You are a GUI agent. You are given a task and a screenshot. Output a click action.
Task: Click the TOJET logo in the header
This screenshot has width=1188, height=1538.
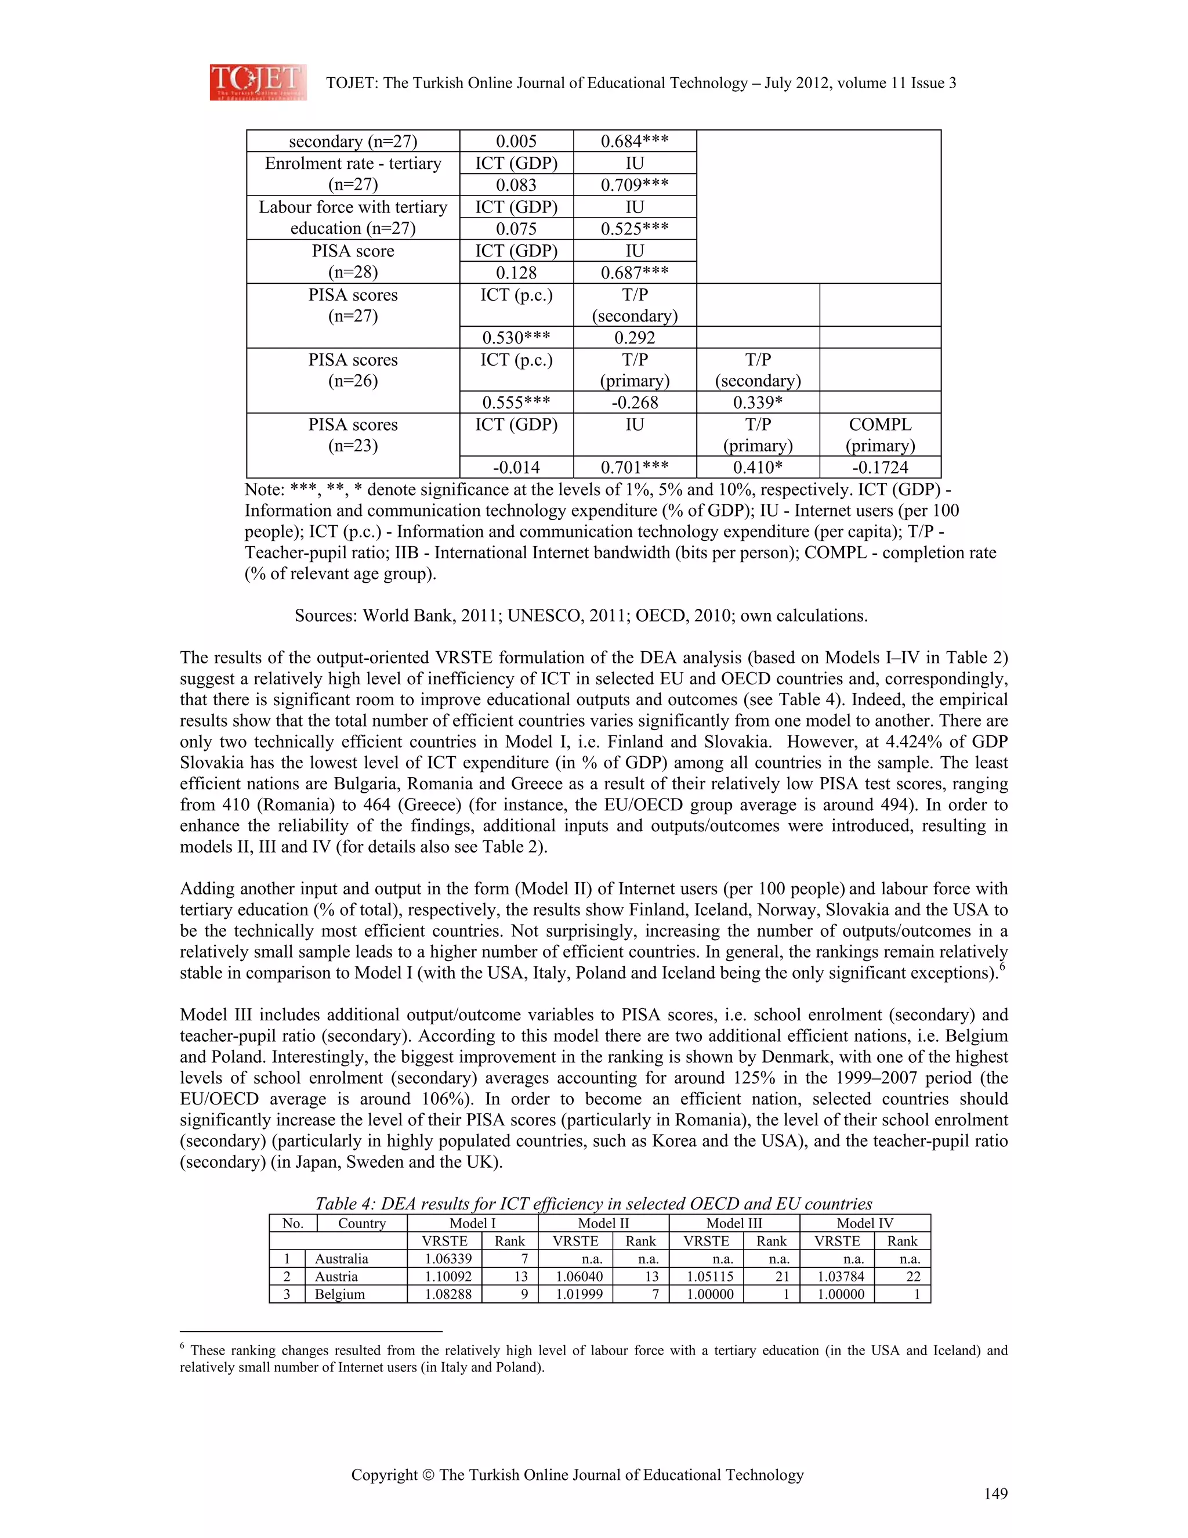(258, 82)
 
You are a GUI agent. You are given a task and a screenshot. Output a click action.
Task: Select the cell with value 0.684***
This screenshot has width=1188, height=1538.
(634, 142)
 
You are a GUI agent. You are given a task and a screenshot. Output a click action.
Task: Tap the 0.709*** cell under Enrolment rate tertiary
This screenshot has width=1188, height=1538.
(634, 185)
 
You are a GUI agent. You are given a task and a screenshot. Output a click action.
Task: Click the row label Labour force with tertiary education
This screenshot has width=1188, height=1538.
(353, 218)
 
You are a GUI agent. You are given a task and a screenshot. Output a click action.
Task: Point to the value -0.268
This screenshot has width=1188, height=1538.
(634, 402)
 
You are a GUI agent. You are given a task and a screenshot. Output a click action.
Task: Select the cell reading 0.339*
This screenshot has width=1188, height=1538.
(757, 402)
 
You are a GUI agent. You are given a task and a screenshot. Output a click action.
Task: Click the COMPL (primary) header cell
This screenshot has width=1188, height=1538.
(880, 435)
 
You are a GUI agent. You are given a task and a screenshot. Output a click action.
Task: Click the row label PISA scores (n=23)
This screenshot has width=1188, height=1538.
(353, 435)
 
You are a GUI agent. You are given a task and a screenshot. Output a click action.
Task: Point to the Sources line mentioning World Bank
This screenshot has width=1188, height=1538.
(581, 615)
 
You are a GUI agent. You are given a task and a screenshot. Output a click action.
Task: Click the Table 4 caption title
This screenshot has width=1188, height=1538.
(593, 1204)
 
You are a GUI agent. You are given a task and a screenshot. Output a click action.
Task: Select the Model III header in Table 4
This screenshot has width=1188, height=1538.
(733, 1223)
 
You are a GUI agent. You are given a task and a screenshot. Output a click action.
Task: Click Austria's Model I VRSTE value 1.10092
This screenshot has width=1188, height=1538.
(448, 1276)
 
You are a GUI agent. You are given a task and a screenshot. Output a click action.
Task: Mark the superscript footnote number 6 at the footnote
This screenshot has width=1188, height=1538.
(182, 1346)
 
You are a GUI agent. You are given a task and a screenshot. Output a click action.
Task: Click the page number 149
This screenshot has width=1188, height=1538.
(995, 1494)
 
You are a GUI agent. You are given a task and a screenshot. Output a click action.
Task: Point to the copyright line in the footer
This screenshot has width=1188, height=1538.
(577, 1475)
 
